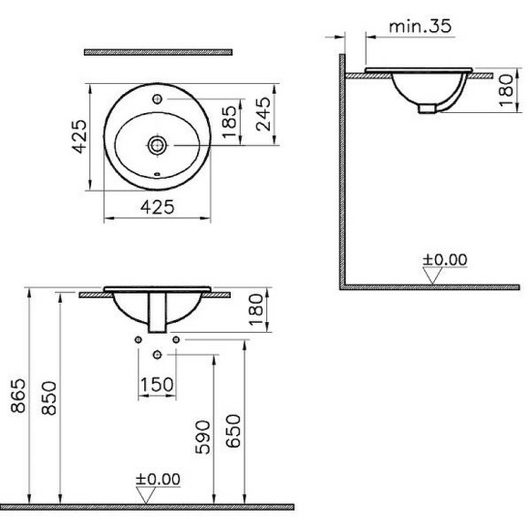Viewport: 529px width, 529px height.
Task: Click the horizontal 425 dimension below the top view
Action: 158,207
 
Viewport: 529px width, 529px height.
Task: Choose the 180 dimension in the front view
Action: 257,311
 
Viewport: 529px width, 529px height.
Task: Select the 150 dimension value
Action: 157,384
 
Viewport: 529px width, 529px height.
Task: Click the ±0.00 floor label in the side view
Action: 444,260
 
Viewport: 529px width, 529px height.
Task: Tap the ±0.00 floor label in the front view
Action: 158,479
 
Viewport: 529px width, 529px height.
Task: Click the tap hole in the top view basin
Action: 158,97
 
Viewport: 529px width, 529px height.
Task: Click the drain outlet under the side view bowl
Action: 426,109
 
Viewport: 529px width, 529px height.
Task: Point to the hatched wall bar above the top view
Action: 157,52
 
